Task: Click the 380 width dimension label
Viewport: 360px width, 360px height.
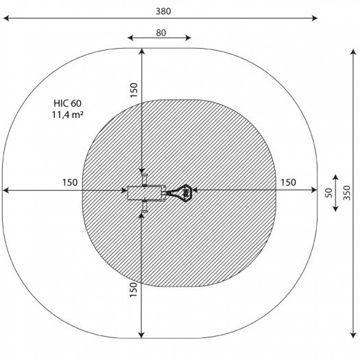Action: click(x=163, y=11)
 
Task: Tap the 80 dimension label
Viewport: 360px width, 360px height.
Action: click(x=161, y=33)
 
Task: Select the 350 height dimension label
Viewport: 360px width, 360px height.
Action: click(x=347, y=193)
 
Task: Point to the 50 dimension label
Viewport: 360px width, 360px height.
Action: click(x=328, y=193)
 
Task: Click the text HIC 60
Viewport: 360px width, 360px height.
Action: click(x=67, y=104)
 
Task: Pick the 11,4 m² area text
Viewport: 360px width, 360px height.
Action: click(x=67, y=115)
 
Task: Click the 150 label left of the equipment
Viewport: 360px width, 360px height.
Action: click(x=70, y=182)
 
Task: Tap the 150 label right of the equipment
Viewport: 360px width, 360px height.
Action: click(x=289, y=182)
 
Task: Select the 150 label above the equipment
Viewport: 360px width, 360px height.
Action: click(x=134, y=91)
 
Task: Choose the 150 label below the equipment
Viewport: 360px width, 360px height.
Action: click(x=134, y=290)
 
